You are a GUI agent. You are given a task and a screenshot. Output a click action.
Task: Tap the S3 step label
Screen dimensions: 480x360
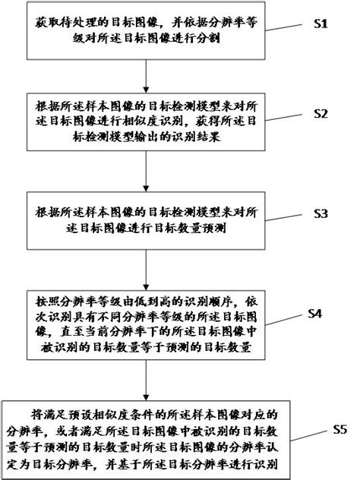[320, 214]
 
